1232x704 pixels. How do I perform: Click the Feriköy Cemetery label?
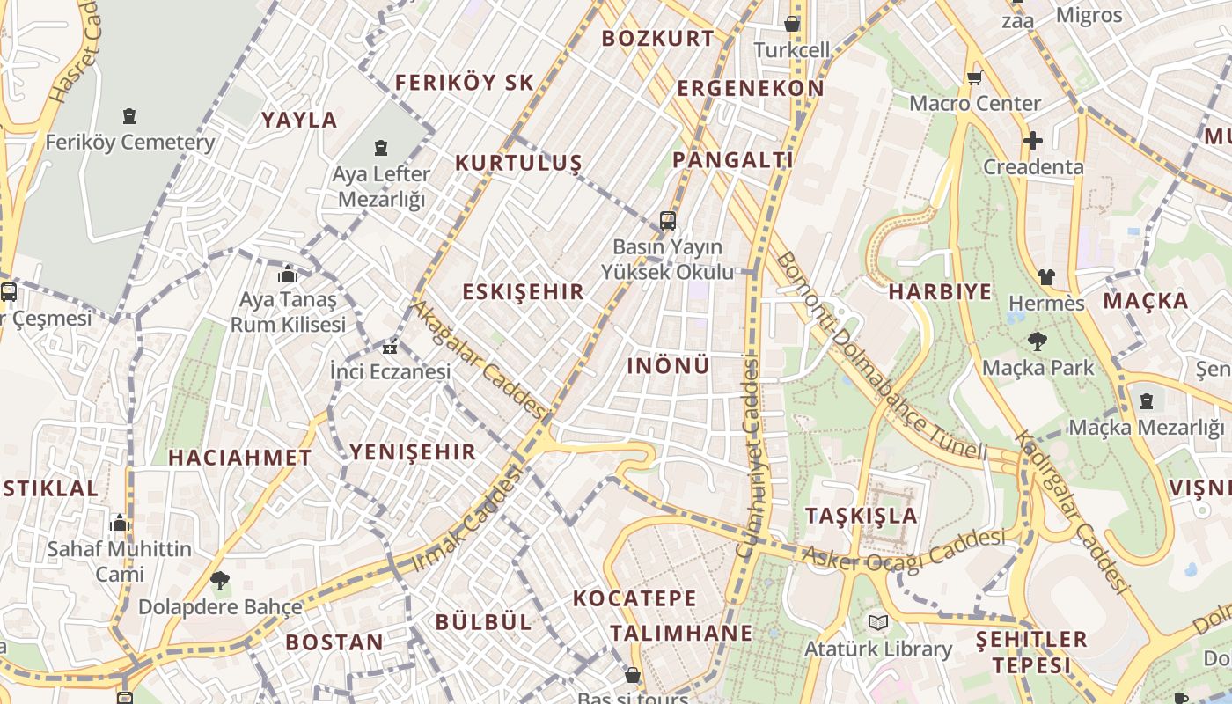[130, 142]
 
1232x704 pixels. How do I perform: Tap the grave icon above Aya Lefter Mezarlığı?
[381, 147]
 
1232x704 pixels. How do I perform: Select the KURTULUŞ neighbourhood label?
[518, 163]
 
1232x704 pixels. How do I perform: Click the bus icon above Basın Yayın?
[668, 220]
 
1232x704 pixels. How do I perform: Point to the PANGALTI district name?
[733, 160]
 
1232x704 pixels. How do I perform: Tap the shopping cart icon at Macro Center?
[974, 77]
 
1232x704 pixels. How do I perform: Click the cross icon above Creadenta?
[1033, 140]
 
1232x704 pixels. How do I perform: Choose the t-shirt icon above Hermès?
[1045, 276]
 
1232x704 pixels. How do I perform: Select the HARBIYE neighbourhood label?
[940, 292]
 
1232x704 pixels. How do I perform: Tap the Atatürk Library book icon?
[877, 623]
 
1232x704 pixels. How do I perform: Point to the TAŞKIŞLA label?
[862, 516]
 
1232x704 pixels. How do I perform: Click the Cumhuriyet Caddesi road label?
[749, 455]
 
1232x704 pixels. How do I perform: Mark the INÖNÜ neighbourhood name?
[668, 366]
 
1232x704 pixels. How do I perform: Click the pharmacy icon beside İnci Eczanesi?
[390, 348]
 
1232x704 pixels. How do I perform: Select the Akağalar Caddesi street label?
[480, 361]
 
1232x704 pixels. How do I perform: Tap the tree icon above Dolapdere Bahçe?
[220, 580]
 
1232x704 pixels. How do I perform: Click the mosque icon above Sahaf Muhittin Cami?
[120, 523]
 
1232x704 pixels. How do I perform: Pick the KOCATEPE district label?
[634, 598]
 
